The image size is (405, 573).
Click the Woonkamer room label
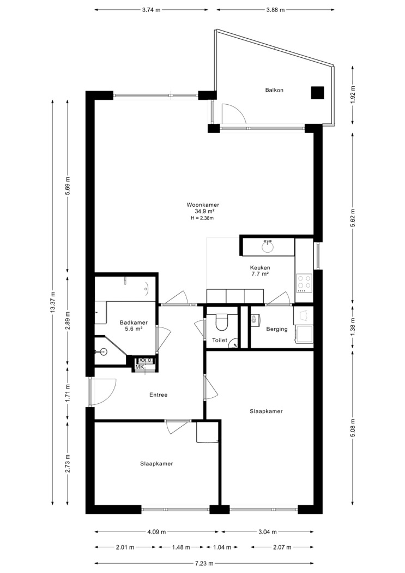pyautogui.click(x=203, y=205)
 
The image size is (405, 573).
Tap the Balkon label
pyautogui.click(x=274, y=90)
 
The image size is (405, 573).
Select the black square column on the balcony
pyautogui.click(x=317, y=92)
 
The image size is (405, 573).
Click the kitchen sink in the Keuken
pyautogui.click(x=268, y=247)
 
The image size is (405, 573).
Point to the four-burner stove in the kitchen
pyautogui.click(x=304, y=283)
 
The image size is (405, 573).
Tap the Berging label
pyautogui.click(x=277, y=329)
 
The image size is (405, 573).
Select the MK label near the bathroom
pyautogui.click(x=140, y=367)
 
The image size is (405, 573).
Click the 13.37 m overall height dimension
pyautogui.click(x=53, y=302)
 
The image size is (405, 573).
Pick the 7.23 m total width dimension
pyautogui.click(x=204, y=564)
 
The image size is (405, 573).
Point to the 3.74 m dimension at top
pyautogui.click(x=152, y=10)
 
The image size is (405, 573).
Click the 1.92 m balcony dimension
pyautogui.click(x=353, y=94)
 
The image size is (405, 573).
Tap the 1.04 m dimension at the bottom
pyautogui.click(x=222, y=547)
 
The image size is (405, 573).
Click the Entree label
pyautogui.click(x=159, y=395)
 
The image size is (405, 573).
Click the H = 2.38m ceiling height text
pyautogui.click(x=202, y=218)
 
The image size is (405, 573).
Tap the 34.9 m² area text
pyautogui.click(x=204, y=211)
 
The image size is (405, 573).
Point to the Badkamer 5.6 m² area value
pyautogui.click(x=134, y=329)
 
